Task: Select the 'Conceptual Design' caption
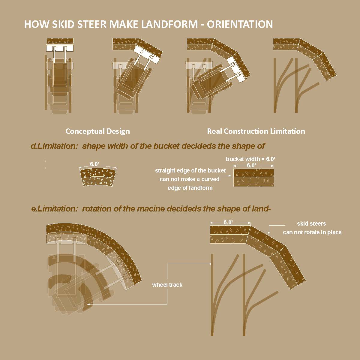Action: (x=98, y=131)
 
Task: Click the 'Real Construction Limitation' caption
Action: (x=256, y=131)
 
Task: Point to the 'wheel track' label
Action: (x=167, y=285)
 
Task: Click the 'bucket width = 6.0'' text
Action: (x=250, y=159)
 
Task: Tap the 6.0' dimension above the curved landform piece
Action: (x=94, y=164)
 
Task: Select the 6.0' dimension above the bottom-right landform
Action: (x=228, y=222)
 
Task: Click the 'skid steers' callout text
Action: (x=311, y=223)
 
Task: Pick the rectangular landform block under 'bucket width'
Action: (x=254, y=177)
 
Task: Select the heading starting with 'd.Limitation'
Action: (x=148, y=146)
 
